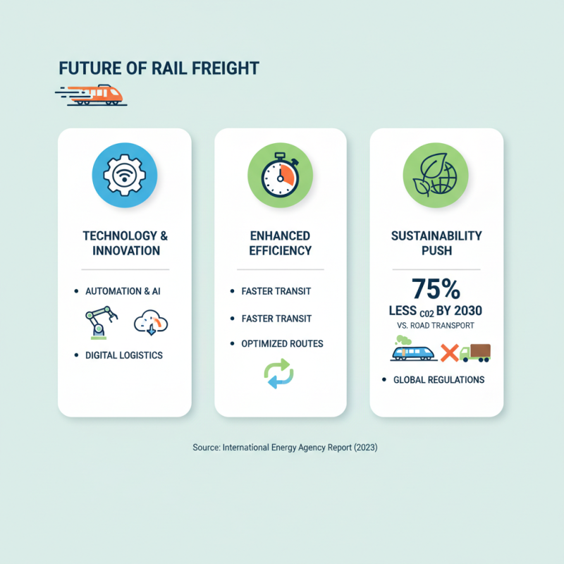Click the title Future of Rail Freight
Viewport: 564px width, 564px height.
coord(159,68)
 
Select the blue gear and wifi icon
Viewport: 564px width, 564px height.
coord(125,175)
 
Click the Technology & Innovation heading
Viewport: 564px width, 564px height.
coord(125,243)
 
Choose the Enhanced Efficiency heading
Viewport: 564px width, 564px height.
coord(280,243)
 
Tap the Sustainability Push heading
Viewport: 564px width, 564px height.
coord(436,243)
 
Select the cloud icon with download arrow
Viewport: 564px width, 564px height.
coord(151,323)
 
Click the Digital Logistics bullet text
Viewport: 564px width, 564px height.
coord(124,355)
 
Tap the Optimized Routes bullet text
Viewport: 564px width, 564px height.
coord(282,344)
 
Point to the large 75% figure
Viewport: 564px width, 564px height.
coord(436,289)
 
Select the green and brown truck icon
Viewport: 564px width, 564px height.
coord(475,352)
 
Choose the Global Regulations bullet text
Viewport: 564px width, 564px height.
coord(439,380)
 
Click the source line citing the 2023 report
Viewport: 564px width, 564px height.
coord(285,448)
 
